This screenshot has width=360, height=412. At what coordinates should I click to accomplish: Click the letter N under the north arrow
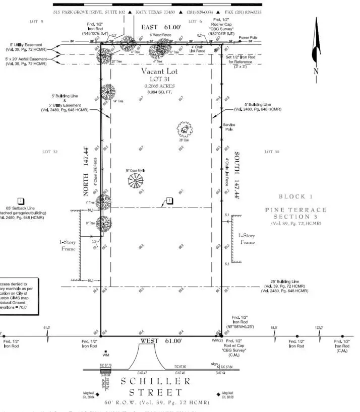tap(316, 72)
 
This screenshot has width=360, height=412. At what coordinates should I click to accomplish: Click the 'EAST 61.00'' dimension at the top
tap(160, 27)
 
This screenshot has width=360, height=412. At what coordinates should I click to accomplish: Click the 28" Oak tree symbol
tap(185, 130)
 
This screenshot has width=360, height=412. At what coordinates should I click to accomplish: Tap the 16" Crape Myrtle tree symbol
tap(136, 181)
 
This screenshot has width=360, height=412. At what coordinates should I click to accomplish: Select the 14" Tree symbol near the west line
tap(107, 92)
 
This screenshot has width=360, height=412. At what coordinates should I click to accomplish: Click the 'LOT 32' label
tap(50, 151)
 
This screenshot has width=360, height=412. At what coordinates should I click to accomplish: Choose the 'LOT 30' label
tap(272, 151)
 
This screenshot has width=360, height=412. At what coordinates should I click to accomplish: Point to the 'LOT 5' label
tap(35, 22)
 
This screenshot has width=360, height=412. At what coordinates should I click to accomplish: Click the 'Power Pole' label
tap(248, 38)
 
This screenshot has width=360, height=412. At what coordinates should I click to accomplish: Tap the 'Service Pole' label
tap(229, 127)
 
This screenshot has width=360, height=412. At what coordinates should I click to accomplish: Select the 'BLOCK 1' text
tap(295, 196)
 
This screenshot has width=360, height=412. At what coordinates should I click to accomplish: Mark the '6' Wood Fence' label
tap(160, 35)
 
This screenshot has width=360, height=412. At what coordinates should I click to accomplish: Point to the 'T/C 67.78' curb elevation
tap(105, 365)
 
